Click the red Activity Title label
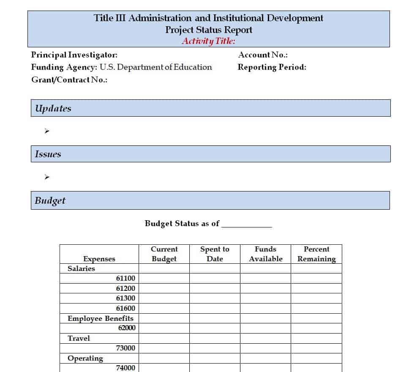pyautogui.click(x=208, y=41)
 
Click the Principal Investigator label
pyautogui.click(x=74, y=55)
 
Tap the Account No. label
pyautogui.click(x=263, y=55)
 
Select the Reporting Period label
pyautogui.click(x=272, y=67)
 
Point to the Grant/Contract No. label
pyautogui.click(x=69, y=80)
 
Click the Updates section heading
pyautogui.click(x=53, y=108)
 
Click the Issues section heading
pyautogui.click(x=48, y=154)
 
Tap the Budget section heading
pyautogui.click(x=50, y=200)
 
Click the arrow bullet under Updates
pyautogui.click(x=47, y=131)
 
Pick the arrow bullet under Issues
pyautogui.click(x=47, y=177)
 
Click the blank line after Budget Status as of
pyautogui.click(x=246, y=224)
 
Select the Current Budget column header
pyautogui.click(x=164, y=254)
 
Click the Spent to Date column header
pyautogui.click(x=215, y=254)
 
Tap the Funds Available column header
pyautogui.click(x=265, y=254)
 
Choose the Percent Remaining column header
pyautogui.click(x=316, y=254)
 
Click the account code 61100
pyautogui.click(x=125, y=279)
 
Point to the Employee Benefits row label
pyautogui.click(x=100, y=319)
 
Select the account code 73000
pyautogui.click(x=125, y=348)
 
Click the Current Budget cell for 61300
pyautogui.click(x=164, y=298)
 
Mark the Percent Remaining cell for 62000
pyautogui.click(x=316, y=328)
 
